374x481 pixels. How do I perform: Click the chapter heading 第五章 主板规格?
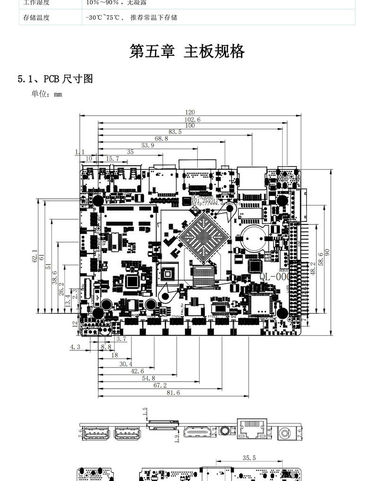point(187,51)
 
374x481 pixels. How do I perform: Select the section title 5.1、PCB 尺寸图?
point(55,79)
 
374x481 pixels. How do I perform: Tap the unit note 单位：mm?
point(47,94)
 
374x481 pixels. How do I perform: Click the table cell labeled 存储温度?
point(36,18)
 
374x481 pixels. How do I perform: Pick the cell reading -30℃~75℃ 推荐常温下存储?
point(131,18)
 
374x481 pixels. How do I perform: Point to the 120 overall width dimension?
point(190,112)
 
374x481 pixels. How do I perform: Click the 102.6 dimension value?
point(192,119)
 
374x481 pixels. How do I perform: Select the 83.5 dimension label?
point(175,132)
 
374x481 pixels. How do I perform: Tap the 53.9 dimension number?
point(148,145)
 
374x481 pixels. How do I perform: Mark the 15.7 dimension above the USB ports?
point(112,159)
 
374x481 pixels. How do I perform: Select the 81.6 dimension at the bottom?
point(173,392)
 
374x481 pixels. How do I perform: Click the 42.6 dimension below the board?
point(137,371)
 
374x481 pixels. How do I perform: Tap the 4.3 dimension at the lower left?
point(75,347)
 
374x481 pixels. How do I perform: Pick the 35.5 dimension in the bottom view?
point(249,458)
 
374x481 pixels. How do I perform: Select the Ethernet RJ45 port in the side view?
point(252,429)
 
